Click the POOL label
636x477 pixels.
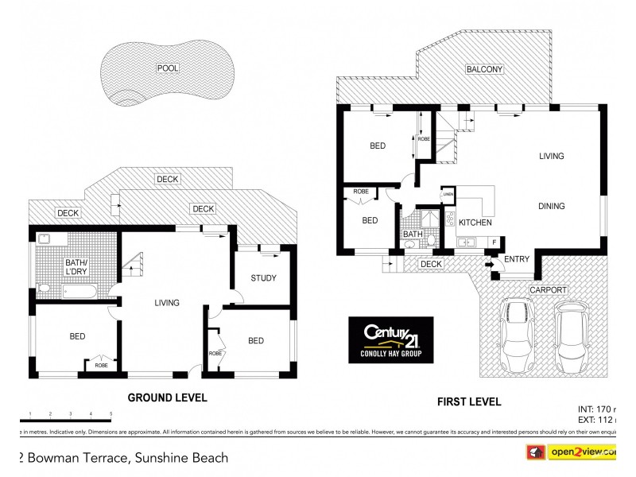(168, 68)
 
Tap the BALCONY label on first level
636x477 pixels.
(484, 70)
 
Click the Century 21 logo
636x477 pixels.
(390, 339)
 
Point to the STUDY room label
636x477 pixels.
(263, 278)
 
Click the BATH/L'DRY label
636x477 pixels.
(76, 266)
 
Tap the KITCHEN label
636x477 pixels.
(475, 223)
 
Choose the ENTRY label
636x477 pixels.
(517, 259)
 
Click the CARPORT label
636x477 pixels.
(549, 290)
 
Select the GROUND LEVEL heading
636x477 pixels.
(168, 397)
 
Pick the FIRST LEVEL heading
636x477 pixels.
(469, 402)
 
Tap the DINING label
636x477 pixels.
(551, 206)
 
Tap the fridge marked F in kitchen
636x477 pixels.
(494, 241)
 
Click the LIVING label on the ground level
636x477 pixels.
(167, 302)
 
